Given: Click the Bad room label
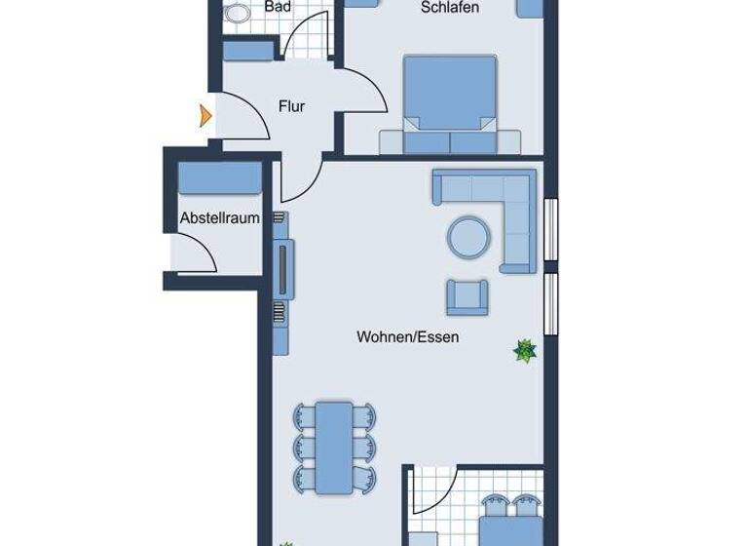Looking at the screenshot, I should click(278, 7).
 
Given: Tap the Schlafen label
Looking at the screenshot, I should click(450, 8).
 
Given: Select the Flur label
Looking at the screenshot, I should click(291, 106).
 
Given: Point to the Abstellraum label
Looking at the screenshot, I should click(220, 218).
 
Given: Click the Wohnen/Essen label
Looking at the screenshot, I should click(407, 338).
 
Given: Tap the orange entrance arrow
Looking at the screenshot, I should click(205, 115).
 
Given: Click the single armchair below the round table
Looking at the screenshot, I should click(467, 295).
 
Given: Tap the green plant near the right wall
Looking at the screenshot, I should click(525, 350).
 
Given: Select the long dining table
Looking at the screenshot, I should click(335, 447).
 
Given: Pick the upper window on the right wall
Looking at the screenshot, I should click(551, 232).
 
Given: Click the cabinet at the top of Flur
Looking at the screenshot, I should click(248, 51).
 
